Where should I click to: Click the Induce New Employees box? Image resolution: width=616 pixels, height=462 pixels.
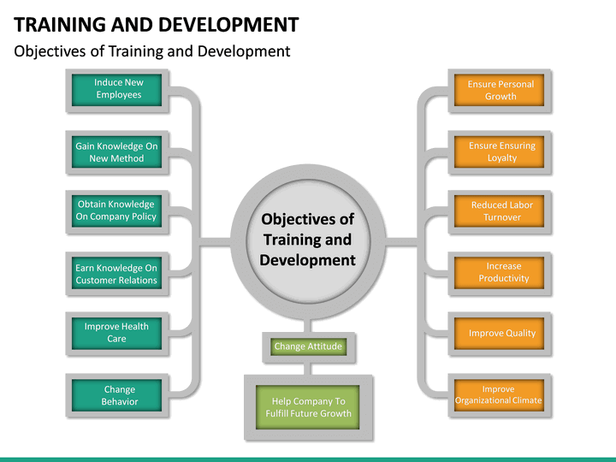(x=118, y=89)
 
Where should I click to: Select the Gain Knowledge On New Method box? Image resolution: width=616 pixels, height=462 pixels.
(x=116, y=152)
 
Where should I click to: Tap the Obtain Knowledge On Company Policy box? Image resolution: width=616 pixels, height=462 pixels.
(x=116, y=210)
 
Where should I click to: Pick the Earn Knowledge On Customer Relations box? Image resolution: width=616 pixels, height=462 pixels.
(x=116, y=274)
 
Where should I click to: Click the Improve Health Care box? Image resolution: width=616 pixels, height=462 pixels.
(x=116, y=333)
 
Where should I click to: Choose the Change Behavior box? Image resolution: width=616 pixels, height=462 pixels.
(x=119, y=395)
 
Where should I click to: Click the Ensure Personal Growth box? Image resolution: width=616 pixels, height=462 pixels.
(x=500, y=91)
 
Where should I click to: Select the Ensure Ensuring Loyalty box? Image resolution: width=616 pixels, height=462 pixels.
(x=501, y=152)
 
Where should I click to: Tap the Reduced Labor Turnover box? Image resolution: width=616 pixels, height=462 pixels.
(x=501, y=211)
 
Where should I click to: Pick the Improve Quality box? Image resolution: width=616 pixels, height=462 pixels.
(x=501, y=333)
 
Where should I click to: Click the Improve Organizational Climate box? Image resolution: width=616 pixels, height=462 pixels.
(x=498, y=394)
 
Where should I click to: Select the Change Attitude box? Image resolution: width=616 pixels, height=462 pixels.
(x=307, y=346)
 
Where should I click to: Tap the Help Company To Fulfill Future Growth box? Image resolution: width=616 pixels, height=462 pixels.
(x=308, y=407)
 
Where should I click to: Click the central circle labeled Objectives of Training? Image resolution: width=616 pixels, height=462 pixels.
(x=307, y=240)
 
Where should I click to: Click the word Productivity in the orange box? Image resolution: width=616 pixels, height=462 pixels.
(x=503, y=278)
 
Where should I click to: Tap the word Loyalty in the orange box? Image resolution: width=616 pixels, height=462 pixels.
(x=501, y=158)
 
